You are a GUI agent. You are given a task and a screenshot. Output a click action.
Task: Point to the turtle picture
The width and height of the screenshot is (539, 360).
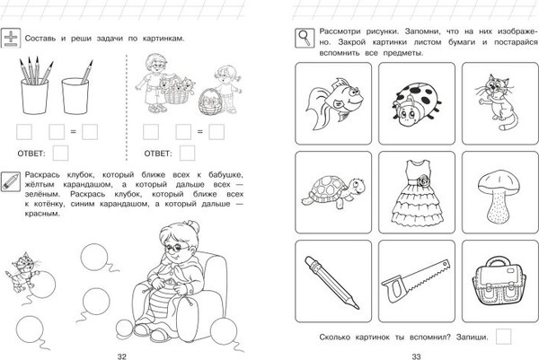(330, 189)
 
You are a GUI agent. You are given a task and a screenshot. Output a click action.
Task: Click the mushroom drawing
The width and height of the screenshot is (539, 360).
(495, 189)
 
